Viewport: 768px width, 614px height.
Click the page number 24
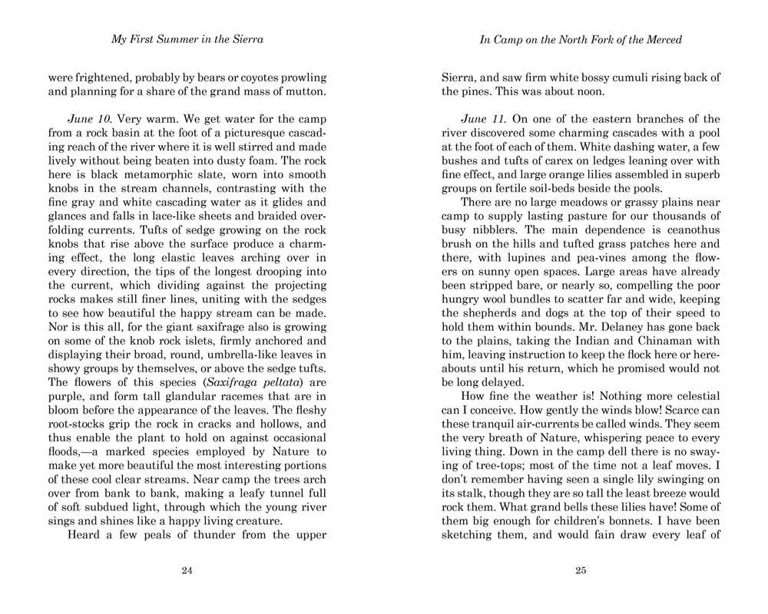[187, 569]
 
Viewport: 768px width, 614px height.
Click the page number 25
[581, 569]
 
